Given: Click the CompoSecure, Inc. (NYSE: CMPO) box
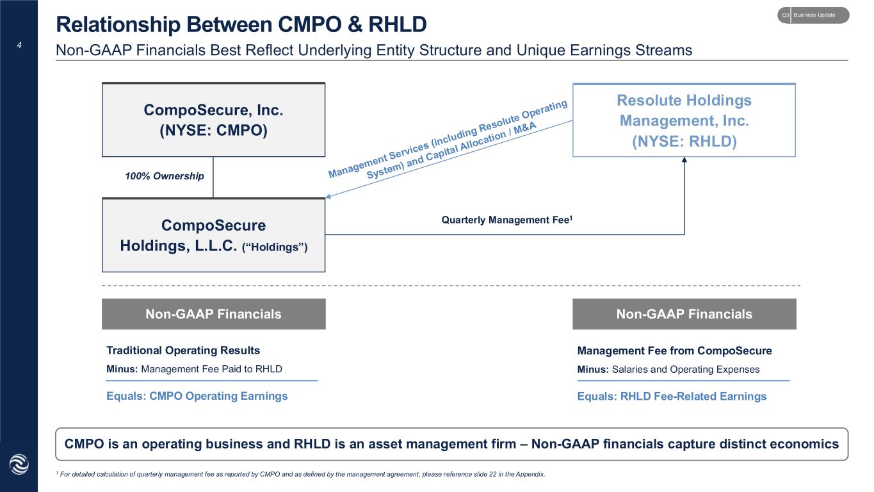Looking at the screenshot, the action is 213,120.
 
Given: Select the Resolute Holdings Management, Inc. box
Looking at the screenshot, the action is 684,120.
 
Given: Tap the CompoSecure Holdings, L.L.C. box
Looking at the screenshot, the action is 213,234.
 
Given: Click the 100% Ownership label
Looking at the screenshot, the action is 165,176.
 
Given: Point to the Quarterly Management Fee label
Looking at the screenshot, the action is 507,220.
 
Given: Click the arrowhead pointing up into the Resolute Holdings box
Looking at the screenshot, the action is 684,160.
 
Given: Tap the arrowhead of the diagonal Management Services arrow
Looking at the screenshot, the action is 328,197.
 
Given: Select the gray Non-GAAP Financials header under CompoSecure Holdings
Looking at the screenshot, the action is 213,314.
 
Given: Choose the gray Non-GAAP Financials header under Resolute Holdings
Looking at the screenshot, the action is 684,314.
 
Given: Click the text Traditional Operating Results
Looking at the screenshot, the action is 183,350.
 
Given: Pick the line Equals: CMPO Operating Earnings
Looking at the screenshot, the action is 197,396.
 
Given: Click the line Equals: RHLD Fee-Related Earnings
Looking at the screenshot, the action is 672,397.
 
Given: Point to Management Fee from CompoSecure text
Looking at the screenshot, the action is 675,350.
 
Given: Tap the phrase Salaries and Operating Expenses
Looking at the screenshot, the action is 686,370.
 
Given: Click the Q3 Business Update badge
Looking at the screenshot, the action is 813,15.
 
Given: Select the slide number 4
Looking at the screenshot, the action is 19,45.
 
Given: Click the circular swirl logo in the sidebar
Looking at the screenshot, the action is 19,464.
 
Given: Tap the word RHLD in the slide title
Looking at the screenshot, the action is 398,24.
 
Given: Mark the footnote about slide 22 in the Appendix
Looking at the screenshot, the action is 300,474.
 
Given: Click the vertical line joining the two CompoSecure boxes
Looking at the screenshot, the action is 213,177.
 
